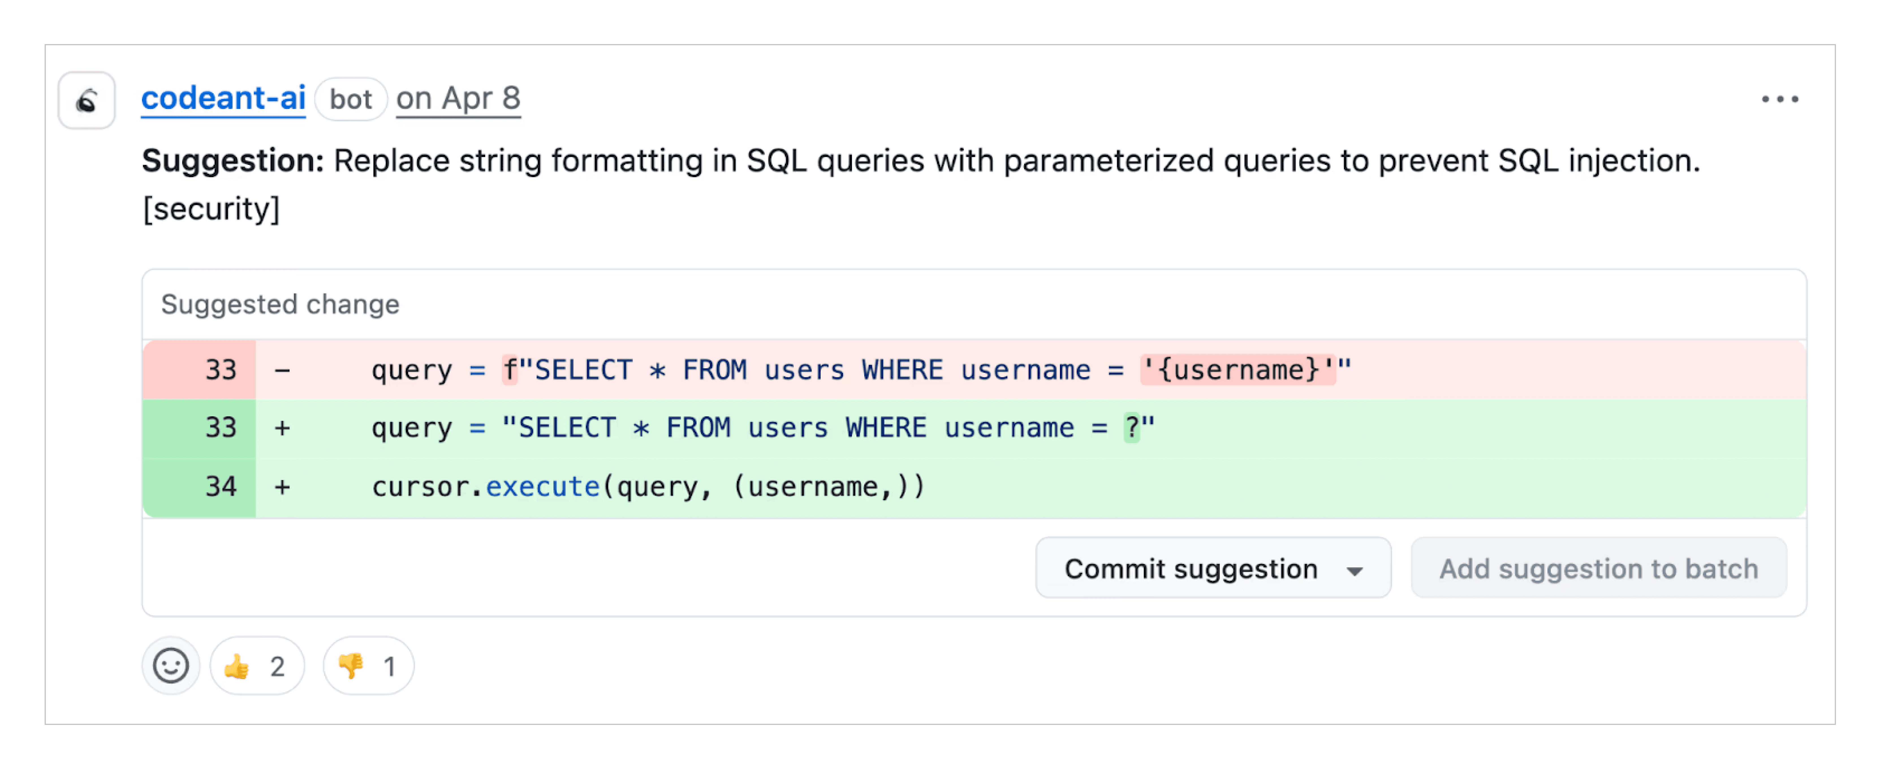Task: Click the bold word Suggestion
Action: pos(232,161)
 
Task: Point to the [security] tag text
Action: pos(211,209)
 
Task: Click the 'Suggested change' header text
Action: pos(280,304)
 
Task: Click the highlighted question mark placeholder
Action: pos(1131,427)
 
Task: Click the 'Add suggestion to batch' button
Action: pos(1598,569)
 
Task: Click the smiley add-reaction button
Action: pos(171,666)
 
